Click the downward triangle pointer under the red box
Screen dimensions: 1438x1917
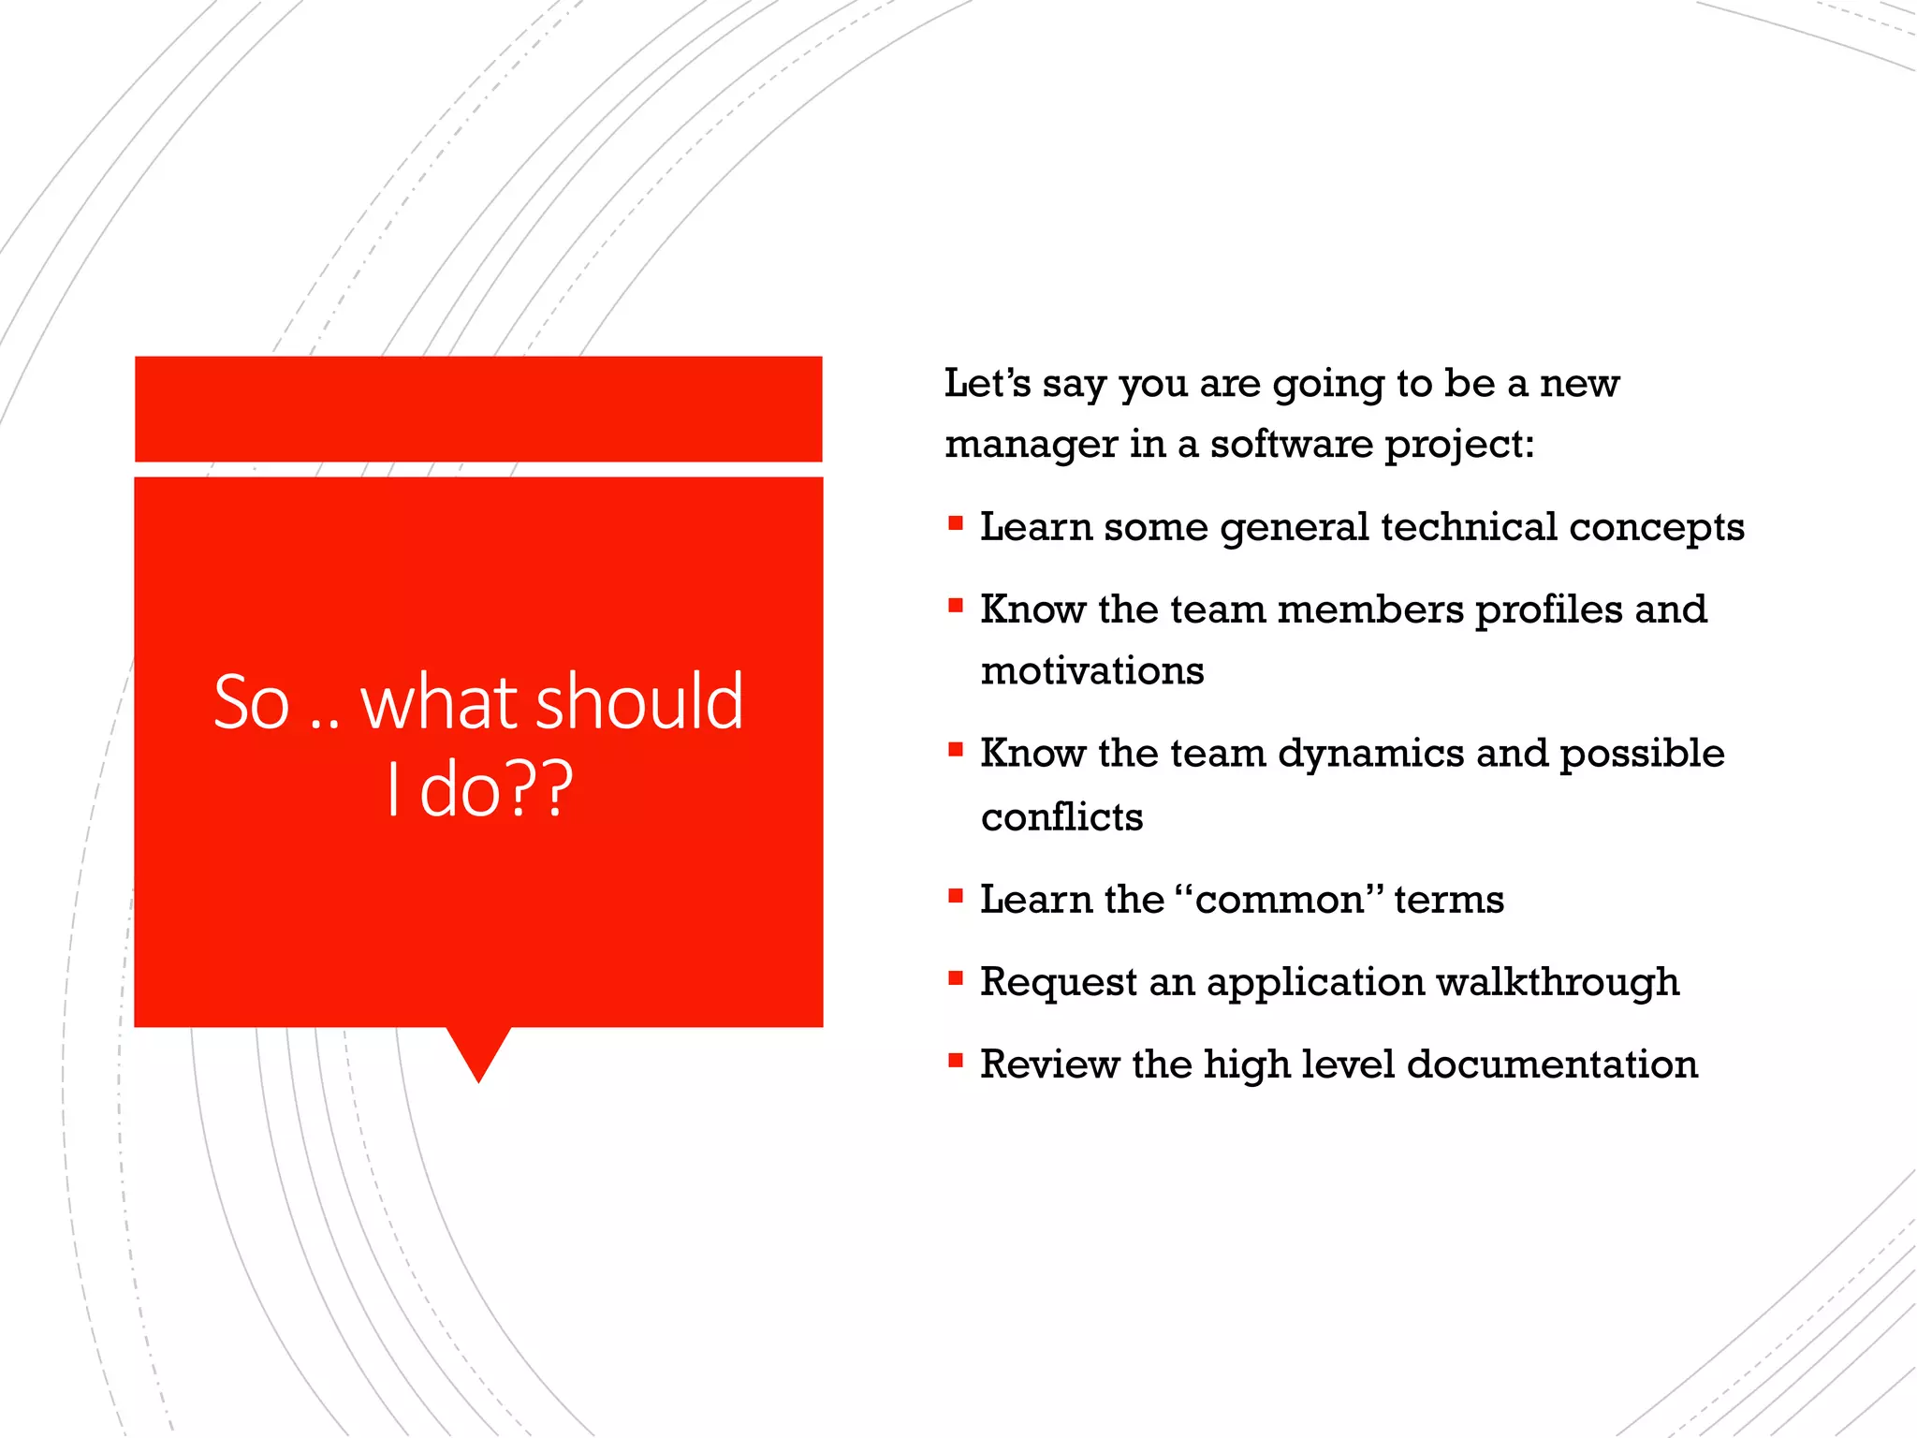point(478,1051)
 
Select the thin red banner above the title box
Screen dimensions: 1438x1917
point(478,409)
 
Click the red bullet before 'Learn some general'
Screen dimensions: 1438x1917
point(956,523)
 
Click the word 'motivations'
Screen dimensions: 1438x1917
point(1092,671)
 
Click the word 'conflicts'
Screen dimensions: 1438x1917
point(1061,817)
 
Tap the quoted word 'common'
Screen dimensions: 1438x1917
point(1279,901)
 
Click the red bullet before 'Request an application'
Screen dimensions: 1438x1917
point(956,978)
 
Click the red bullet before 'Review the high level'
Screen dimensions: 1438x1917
point(956,1061)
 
